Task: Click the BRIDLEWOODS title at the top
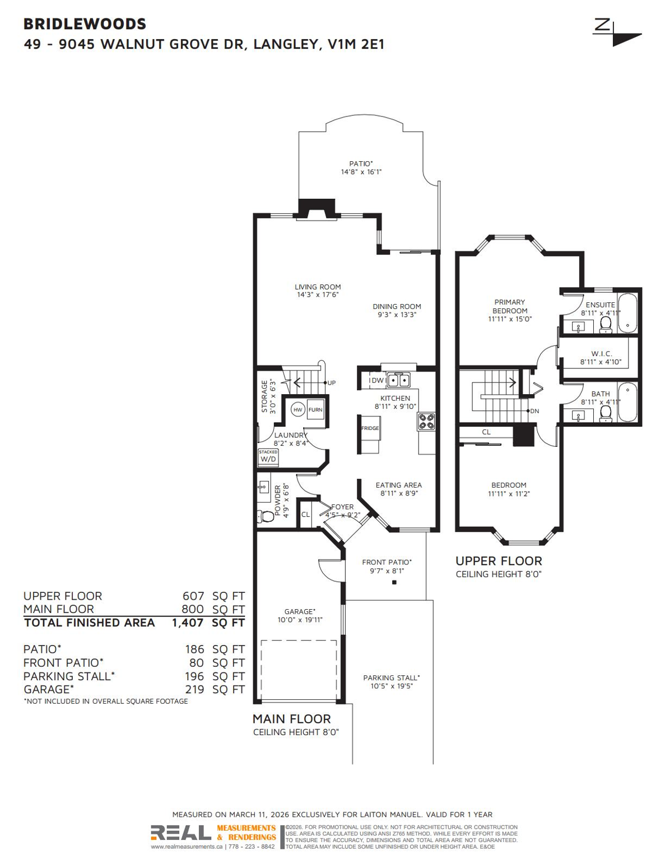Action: click(x=85, y=24)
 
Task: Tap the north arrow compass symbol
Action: click(x=617, y=33)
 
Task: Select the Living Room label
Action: click(x=318, y=287)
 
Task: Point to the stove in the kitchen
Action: click(x=426, y=421)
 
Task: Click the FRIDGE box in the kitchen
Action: click(x=370, y=428)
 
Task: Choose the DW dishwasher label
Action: click(x=377, y=381)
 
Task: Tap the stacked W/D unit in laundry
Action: click(x=268, y=457)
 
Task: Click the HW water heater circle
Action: click(x=297, y=410)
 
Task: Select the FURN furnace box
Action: click(x=315, y=410)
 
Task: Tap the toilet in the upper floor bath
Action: click(x=605, y=412)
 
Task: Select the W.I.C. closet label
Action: click(x=601, y=354)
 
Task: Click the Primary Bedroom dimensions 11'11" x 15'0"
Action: click(x=510, y=319)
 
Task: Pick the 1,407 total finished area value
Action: click(x=188, y=623)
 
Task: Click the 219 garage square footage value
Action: click(x=194, y=690)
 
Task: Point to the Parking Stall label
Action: click(x=391, y=677)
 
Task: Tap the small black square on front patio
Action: click(x=394, y=582)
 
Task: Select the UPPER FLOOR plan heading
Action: click(x=499, y=561)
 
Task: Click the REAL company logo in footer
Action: click(x=181, y=833)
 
